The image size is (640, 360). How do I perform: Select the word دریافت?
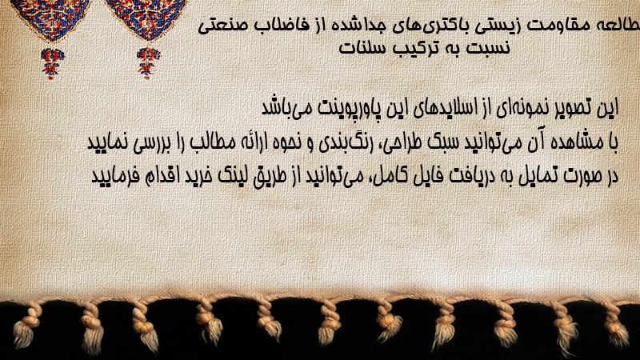point(466,175)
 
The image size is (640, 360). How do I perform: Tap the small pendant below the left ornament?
point(52,63)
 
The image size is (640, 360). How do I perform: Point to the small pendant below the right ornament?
point(148,63)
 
